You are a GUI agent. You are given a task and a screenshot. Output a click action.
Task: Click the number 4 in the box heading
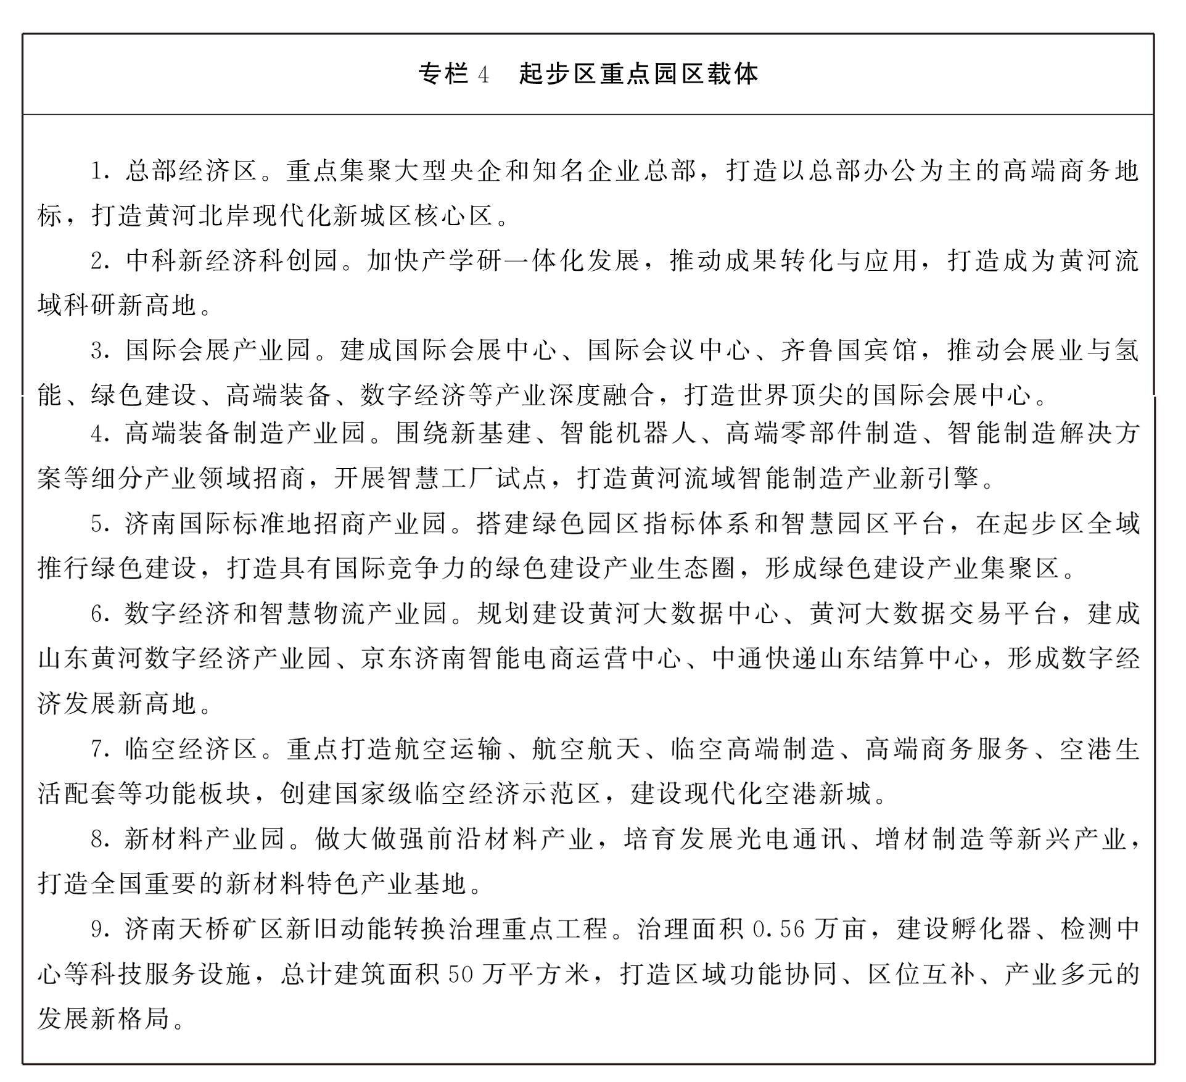pos(483,75)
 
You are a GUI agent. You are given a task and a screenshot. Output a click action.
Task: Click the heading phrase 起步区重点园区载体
pos(638,75)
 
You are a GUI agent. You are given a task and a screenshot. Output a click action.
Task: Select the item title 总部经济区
pos(191,171)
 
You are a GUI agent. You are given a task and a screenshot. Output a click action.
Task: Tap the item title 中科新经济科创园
pos(232,261)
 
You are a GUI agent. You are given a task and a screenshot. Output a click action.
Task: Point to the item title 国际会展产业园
pos(218,350)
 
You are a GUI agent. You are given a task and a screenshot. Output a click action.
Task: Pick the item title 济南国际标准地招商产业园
pos(286,524)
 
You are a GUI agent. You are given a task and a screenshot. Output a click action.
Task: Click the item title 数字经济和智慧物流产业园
pos(286,613)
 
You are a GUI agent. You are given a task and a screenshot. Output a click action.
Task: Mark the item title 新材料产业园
pos(205,839)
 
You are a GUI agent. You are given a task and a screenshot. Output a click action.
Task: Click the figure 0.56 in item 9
pos(779,929)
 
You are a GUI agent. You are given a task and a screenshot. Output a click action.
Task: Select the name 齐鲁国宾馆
pos(848,350)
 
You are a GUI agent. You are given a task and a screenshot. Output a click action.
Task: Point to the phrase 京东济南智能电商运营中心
pos(521,658)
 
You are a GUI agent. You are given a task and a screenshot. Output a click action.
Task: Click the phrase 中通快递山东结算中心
pos(846,658)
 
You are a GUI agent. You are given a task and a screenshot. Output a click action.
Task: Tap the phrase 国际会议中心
pos(669,350)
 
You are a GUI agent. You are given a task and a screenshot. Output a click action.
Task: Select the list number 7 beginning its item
pos(97,750)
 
